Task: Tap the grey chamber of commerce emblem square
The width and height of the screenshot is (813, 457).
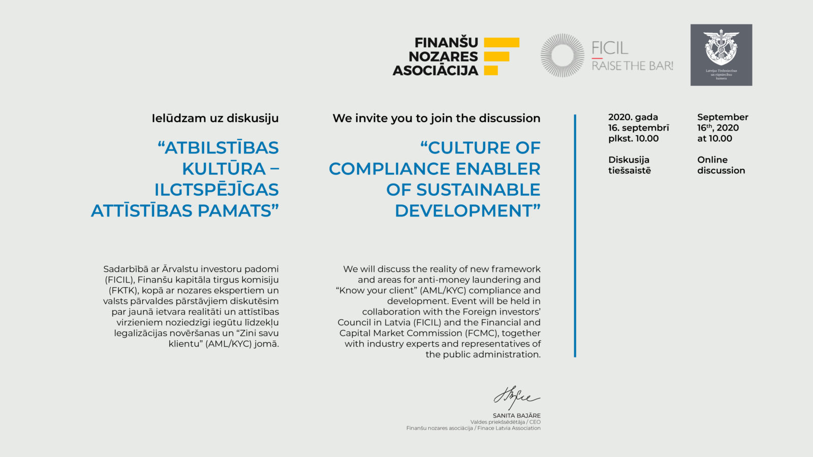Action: coord(721,55)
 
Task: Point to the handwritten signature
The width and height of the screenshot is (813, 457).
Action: coord(516,398)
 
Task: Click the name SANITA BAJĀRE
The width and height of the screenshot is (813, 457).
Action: coord(516,416)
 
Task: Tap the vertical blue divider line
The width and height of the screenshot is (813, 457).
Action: coord(575,236)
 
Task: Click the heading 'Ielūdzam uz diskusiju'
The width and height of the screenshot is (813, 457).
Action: coord(215,118)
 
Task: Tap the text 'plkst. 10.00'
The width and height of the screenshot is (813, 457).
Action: coord(633,139)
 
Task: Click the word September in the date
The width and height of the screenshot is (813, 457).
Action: coord(723,117)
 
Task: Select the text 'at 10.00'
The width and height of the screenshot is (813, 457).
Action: coord(714,139)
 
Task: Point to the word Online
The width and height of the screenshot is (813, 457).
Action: coord(712,160)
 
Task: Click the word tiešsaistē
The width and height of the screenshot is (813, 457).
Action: coord(630,171)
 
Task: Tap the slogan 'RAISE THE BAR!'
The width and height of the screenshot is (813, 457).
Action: coord(633,66)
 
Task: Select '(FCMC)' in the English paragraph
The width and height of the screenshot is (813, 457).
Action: coord(482,333)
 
